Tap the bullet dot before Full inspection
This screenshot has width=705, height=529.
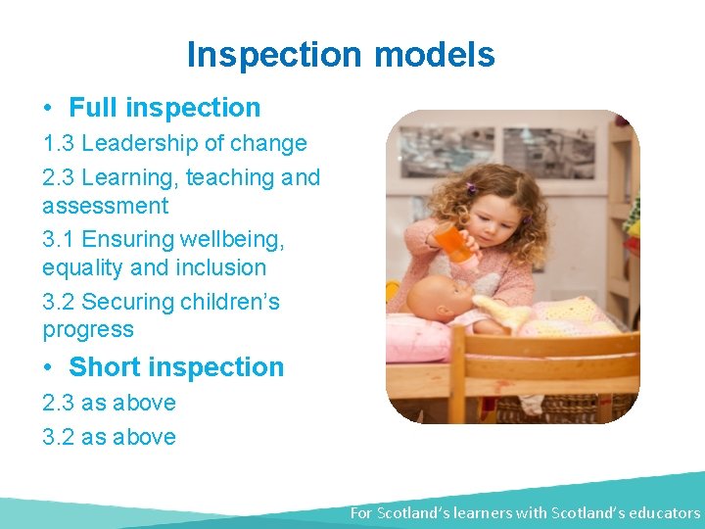(48, 108)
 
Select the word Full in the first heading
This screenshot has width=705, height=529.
(93, 108)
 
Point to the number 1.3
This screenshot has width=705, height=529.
(59, 143)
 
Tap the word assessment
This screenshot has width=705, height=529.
(105, 206)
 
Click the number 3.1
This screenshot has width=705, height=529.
(59, 239)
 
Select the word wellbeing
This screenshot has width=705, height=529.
(232, 239)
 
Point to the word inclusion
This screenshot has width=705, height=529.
(220, 267)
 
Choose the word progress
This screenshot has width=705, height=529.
(88, 330)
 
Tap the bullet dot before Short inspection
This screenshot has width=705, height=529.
(48, 367)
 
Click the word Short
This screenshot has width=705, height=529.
(106, 367)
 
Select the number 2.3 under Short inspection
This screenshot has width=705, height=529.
(59, 403)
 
